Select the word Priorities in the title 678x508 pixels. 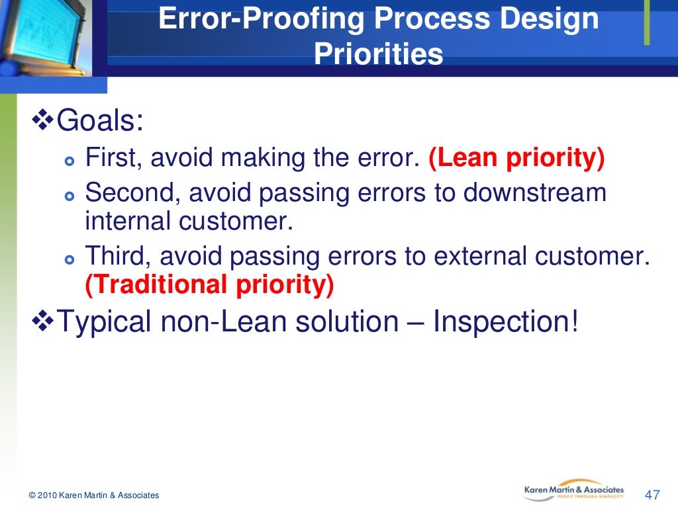pos(378,54)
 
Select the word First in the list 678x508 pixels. pos(115,159)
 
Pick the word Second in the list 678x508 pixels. pos(132,192)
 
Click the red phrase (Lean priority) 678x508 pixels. pos(516,159)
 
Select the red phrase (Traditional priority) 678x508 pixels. pos(209,284)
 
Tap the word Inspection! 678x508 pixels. pos(505,322)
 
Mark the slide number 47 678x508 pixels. pos(652,495)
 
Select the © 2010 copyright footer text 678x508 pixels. pos(93,495)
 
